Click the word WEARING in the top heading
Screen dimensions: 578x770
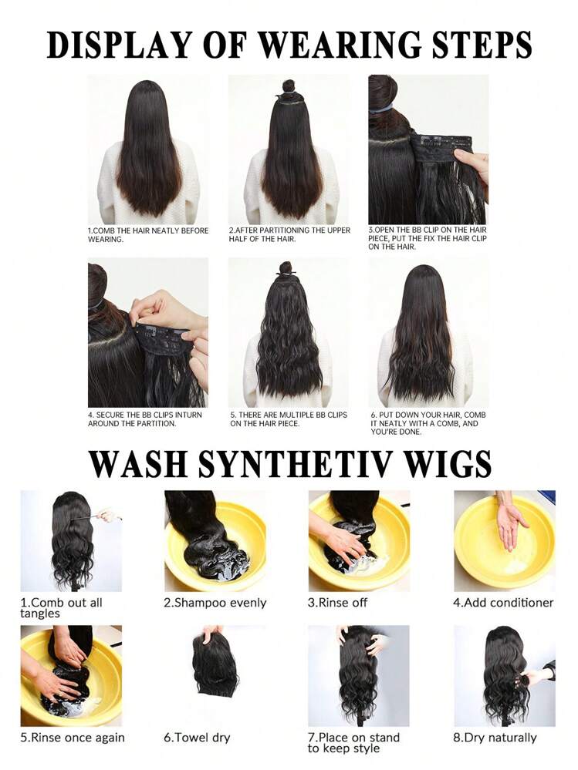[339, 45]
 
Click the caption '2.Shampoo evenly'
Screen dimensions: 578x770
[215, 603]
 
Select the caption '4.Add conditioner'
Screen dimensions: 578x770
[503, 603]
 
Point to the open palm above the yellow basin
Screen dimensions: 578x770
[510, 525]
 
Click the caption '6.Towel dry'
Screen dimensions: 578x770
[197, 738]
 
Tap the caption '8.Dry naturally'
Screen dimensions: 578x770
[495, 738]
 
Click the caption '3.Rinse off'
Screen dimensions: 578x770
[337, 603]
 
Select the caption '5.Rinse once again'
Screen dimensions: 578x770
[73, 738]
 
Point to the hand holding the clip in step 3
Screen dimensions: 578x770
[472, 167]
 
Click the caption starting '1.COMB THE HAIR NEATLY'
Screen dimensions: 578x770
[148, 235]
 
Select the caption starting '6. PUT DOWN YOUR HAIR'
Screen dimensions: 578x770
[424, 423]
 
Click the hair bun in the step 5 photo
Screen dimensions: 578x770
[286, 268]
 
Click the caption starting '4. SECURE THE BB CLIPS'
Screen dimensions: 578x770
[145, 419]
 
